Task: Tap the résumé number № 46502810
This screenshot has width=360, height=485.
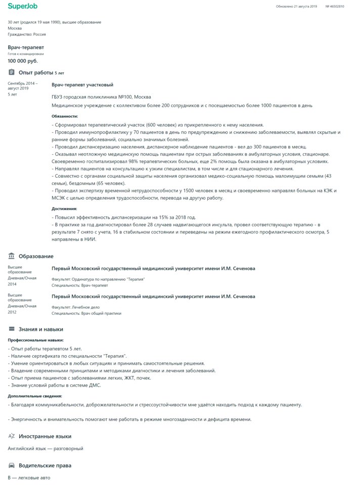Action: click(335, 7)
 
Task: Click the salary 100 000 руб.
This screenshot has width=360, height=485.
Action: click(23, 61)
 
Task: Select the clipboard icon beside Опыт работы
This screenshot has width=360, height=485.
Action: click(11, 73)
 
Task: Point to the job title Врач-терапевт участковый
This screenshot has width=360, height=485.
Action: click(82, 85)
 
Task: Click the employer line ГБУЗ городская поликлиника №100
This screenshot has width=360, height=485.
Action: click(101, 96)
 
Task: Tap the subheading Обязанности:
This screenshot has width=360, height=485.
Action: click(65, 116)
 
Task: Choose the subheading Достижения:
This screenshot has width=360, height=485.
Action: click(64, 209)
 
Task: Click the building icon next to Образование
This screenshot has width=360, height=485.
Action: click(11, 256)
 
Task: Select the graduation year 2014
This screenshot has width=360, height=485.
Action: click(12, 284)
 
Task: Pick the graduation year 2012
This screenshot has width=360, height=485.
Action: click(12, 312)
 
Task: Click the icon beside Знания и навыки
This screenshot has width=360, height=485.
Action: click(11, 329)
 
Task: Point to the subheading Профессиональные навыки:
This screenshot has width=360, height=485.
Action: click(35, 340)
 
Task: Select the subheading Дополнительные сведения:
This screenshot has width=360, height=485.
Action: click(35, 396)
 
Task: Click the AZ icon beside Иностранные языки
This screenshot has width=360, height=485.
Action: click(11, 436)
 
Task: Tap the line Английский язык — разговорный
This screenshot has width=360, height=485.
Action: click(46, 448)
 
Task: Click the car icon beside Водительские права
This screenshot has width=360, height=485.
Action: click(11, 465)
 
